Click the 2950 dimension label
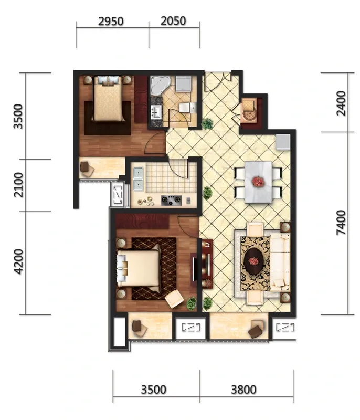[x=111, y=22]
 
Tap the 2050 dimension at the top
[x=173, y=21]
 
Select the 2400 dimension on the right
[x=341, y=103]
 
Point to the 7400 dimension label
[x=341, y=223]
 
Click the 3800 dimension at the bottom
[x=243, y=390]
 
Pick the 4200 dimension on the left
[x=18, y=261]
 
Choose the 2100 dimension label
[x=18, y=185]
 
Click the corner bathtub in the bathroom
[x=160, y=86]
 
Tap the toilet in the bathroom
[x=187, y=108]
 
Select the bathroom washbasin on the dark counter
[x=156, y=112]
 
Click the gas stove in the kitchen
[x=171, y=199]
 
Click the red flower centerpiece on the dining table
[x=258, y=181]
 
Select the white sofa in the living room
[x=280, y=262]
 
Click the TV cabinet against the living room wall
[x=207, y=264]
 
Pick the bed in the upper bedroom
[x=108, y=99]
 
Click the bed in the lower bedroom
[x=139, y=268]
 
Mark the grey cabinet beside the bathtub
[x=184, y=83]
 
